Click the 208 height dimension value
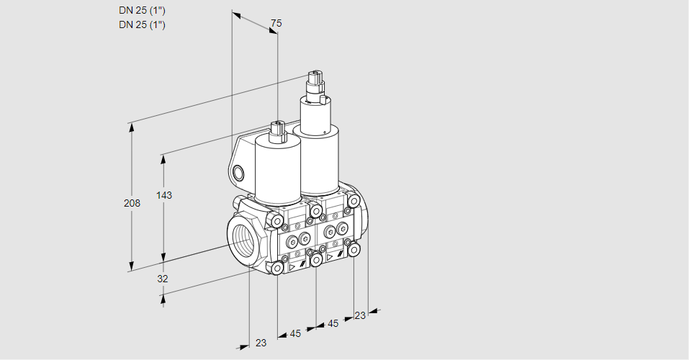[132, 203]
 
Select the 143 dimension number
[164, 195]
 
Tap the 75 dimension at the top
[276, 23]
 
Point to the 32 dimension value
[163, 279]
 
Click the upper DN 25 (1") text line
[142, 11]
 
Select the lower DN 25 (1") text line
[142, 24]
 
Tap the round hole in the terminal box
[238, 173]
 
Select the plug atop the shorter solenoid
[278, 132]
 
